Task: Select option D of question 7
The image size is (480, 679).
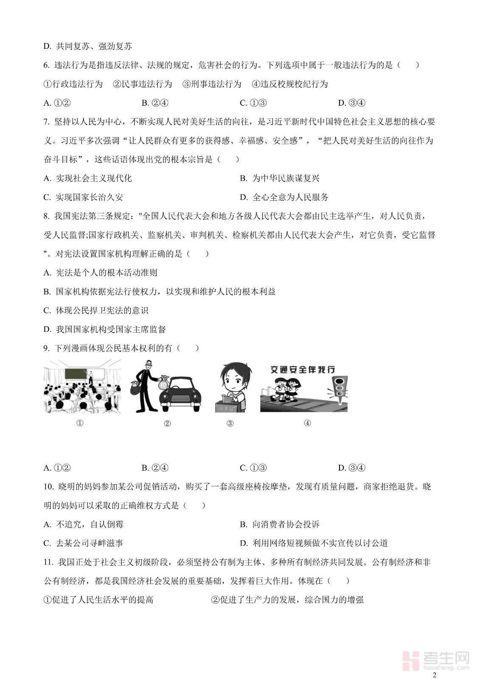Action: point(284,197)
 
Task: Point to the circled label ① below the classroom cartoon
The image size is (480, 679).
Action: point(80,423)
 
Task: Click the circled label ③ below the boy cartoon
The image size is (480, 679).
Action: point(230,423)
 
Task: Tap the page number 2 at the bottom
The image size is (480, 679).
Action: point(434,675)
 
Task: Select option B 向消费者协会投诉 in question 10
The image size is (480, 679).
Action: point(280,525)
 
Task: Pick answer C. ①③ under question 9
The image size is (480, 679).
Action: point(253,468)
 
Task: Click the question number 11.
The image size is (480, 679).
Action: point(48,562)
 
